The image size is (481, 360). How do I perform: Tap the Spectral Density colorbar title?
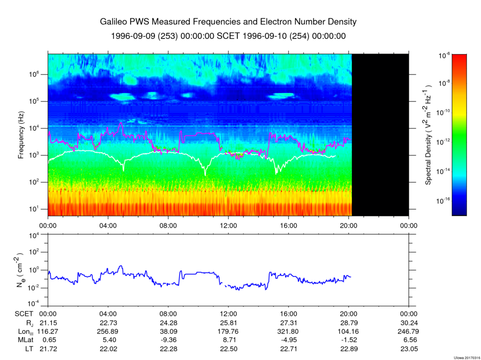(x=428, y=135)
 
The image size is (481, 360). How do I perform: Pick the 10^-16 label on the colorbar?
(x=445, y=200)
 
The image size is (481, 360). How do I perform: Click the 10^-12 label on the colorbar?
(x=445, y=142)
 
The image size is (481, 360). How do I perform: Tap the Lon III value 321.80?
(x=288, y=331)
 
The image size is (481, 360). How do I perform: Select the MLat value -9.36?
(x=168, y=339)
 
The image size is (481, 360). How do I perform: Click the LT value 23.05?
(x=409, y=348)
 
